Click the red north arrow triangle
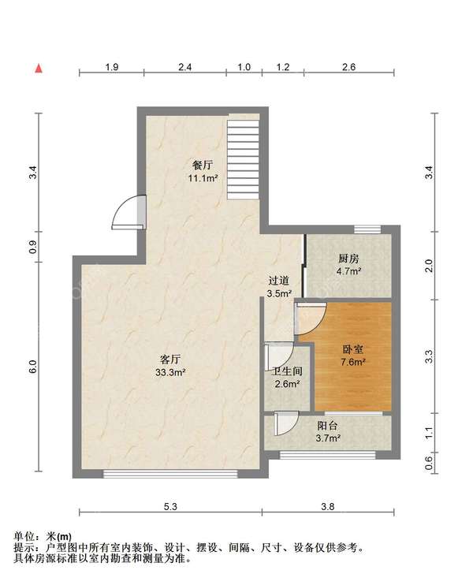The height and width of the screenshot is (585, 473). pyautogui.click(x=39, y=69)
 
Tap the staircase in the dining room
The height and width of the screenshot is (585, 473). pyautogui.click(x=244, y=159)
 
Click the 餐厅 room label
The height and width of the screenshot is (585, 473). pyautogui.click(x=203, y=165)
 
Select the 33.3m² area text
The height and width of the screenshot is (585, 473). pyautogui.click(x=170, y=372)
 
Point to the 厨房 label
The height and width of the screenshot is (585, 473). pyautogui.click(x=348, y=258)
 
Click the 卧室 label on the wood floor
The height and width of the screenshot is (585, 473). pyautogui.click(x=352, y=349)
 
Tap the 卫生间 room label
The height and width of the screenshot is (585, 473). pyautogui.click(x=287, y=371)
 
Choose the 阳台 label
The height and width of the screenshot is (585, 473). pyautogui.click(x=327, y=426)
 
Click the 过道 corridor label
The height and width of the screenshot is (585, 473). pyautogui.click(x=278, y=281)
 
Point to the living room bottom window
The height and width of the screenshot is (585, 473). pyautogui.click(x=170, y=474)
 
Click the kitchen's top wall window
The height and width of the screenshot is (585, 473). pyautogui.click(x=367, y=229)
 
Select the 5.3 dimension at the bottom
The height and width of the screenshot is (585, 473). pyautogui.click(x=170, y=507)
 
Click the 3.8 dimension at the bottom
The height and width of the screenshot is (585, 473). pyautogui.click(x=327, y=507)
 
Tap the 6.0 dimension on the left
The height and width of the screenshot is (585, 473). pyautogui.click(x=33, y=367)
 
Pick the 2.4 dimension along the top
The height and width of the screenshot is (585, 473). pyautogui.click(x=184, y=67)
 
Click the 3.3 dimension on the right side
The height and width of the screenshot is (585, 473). pyautogui.click(x=430, y=356)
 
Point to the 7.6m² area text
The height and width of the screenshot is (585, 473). pyautogui.click(x=352, y=362)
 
